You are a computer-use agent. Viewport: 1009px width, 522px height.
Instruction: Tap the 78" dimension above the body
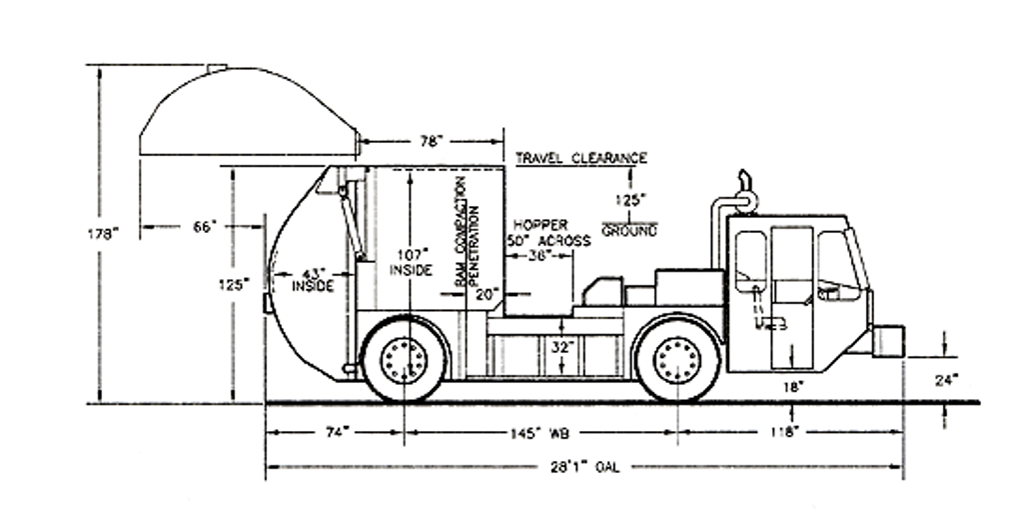click(x=430, y=142)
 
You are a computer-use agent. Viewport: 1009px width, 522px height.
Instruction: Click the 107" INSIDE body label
click(x=411, y=262)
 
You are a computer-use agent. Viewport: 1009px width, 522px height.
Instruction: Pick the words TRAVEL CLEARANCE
click(x=580, y=158)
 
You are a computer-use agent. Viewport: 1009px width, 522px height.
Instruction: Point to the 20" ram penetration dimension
click(x=487, y=294)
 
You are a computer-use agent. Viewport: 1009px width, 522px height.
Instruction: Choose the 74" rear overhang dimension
click(x=335, y=432)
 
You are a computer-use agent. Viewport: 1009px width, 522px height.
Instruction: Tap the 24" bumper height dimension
click(x=947, y=379)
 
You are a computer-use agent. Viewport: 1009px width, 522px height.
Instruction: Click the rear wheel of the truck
click(x=405, y=357)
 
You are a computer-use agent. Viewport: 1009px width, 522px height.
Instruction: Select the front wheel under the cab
click(x=677, y=357)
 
